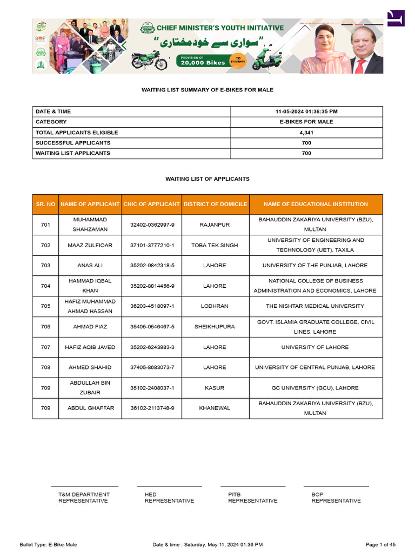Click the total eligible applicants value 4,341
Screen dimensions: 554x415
[x=306, y=133]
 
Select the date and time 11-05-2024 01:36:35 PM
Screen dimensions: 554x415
[x=306, y=111]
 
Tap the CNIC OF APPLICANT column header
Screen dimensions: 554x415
[x=151, y=205]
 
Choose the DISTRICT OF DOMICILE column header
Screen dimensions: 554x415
[x=215, y=205]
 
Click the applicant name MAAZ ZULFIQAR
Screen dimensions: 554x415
[x=90, y=245]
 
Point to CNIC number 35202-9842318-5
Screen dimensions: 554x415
[x=152, y=266]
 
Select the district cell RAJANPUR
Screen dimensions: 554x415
[x=215, y=225]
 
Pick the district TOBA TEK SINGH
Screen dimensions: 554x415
[x=215, y=245]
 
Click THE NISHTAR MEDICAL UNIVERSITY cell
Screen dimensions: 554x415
[x=315, y=306]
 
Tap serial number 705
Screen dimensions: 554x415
[x=45, y=306]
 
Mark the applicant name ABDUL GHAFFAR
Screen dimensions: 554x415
[x=90, y=408]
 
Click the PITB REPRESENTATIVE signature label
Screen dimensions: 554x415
[x=252, y=498]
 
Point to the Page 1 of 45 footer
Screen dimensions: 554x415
[x=380, y=544]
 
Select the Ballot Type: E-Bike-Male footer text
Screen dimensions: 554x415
[x=48, y=544]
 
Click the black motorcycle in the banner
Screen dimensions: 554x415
[x=149, y=61]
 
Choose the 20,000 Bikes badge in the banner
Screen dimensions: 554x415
[x=204, y=61]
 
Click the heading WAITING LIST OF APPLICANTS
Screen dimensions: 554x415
[x=207, y=179]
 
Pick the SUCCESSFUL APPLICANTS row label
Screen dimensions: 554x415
[x=73, y=143]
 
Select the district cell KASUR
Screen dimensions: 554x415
[x=215, y=388]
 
